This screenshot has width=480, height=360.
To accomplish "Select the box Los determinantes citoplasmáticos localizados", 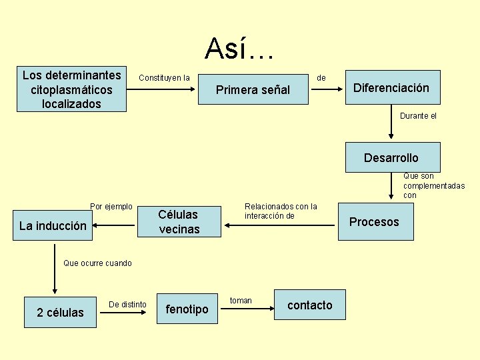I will [x=72, y=89].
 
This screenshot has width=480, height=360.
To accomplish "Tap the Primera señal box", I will [x=253, y=90].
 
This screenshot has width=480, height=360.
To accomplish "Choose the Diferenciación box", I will [x=391, y=88].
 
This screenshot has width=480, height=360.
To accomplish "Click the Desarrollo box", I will [x=391, y=158].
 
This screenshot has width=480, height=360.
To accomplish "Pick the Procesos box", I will [x=375, y=222].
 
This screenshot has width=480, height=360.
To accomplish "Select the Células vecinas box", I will [x=179, y=222].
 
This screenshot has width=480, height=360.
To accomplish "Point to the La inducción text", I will [x=53, y=226].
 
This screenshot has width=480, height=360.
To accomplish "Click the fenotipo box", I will [x=187, y=309].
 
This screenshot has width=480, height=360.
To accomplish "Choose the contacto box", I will [x=309, y=305].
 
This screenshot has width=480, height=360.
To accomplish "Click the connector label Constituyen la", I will [x=164, y=78].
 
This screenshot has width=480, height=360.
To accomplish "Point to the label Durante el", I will [x=419, y=116].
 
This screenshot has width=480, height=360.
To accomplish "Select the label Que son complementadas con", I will [x=434, y=186].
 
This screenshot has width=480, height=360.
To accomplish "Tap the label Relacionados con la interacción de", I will [x=281, y=211].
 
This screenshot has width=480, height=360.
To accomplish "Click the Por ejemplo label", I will [x=111, y=207].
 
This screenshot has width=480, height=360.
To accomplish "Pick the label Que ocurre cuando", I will [x=97, y=263].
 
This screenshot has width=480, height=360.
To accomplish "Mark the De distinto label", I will [x=127, y=305].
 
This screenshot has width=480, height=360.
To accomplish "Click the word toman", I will [x=241, y=301].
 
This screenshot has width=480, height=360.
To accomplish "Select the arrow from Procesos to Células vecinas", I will [x=280, y=225].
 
